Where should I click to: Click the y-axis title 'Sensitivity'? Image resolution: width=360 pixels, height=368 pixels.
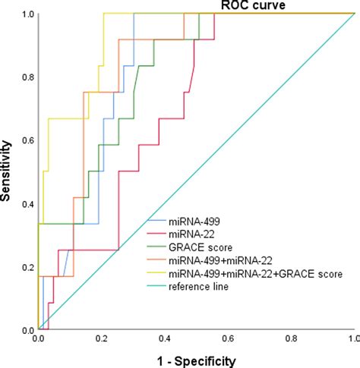(9, 171)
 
